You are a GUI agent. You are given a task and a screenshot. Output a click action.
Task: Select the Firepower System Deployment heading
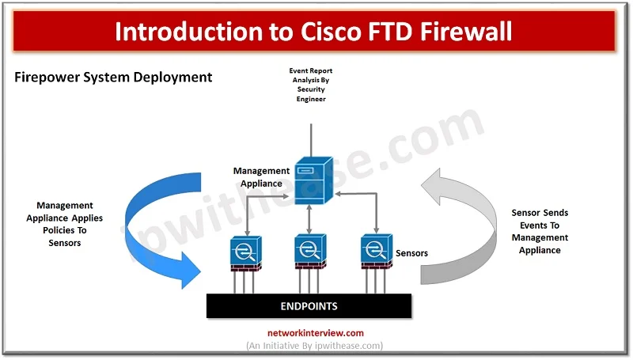[113, 77]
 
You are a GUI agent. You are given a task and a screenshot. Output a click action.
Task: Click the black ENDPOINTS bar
[309, 306]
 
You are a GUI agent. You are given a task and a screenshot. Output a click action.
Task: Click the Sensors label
[411, 253]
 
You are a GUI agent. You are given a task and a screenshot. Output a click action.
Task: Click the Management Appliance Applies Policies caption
[70, 224]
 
